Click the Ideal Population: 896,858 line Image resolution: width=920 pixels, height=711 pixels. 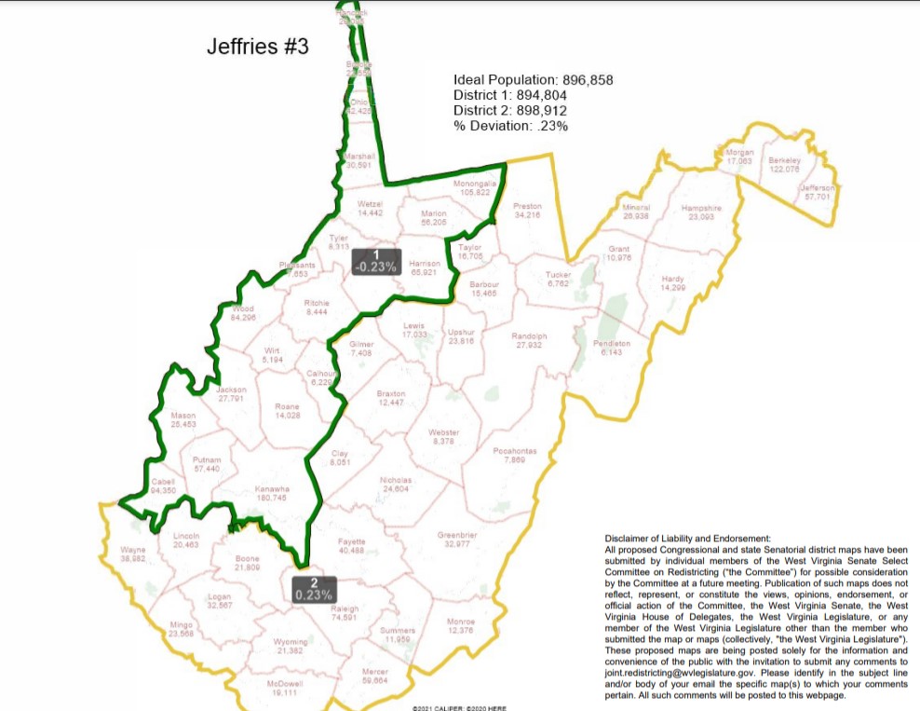tap(533, 80)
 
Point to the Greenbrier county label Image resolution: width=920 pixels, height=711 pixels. tap(457, 540)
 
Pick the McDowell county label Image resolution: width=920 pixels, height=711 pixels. tap(284, 688)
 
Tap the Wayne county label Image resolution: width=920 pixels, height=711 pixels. tap(133, 554)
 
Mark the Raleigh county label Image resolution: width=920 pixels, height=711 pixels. tap(345, 612)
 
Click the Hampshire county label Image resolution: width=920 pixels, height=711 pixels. tap(701, 212)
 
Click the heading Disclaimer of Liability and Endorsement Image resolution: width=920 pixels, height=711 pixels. tap(687, 539)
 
